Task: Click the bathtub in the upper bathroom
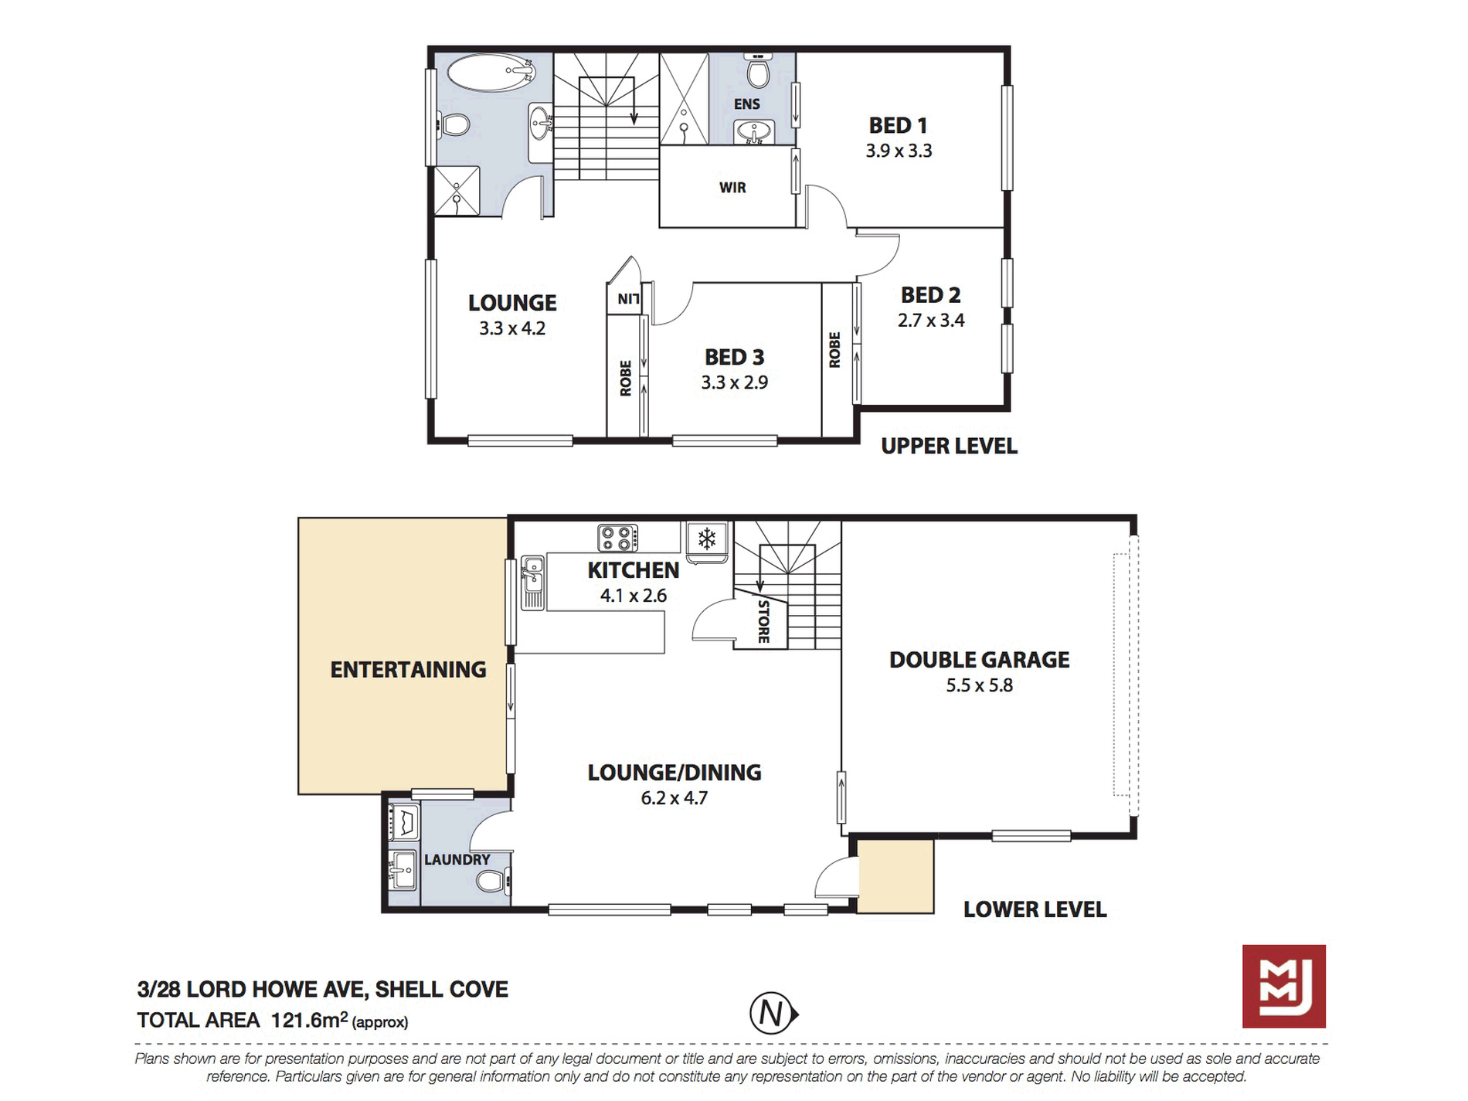coord(491,73)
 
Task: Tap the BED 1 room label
coord(898,125)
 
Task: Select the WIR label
coord(732,187)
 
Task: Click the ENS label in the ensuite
coord(747,104)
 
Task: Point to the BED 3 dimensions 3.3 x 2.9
coord(735,382)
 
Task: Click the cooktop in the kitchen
coord(618,538)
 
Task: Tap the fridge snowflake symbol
coord(707,538)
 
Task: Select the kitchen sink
coord(532,583)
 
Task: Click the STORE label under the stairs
coord(763,621)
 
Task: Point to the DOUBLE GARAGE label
coord(980,660)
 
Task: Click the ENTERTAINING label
coord(408,670)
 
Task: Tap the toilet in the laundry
coord(492,880)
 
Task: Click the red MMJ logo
coord(1284,986)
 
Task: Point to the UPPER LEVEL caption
coord(950,446)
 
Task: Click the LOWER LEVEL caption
coord(1035,909)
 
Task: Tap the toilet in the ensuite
coord(758,71)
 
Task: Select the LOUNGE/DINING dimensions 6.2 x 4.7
coord(675,798)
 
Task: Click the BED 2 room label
coord(931,295)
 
